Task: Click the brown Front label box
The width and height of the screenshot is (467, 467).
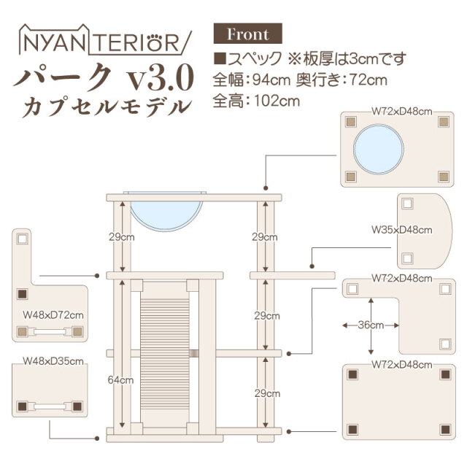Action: [x=247, y=34]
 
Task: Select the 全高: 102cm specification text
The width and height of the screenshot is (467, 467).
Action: [x=256, y=101]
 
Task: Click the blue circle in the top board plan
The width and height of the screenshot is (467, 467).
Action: [x=378, y=148]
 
